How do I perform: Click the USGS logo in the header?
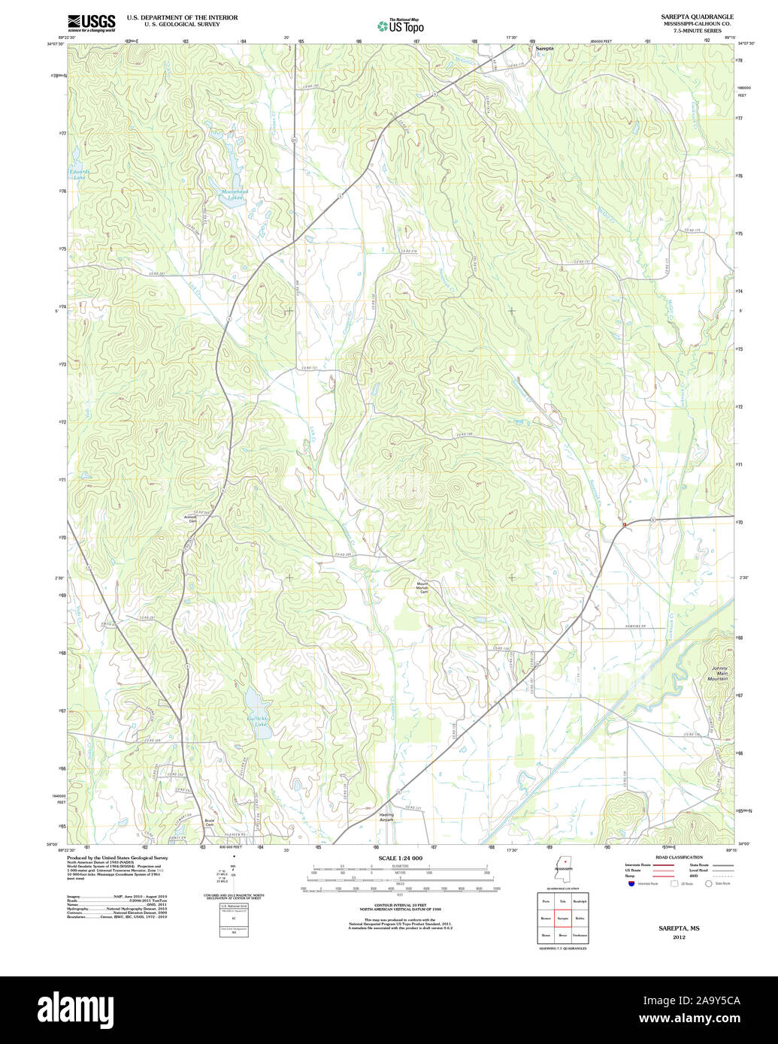click(x=91, y=23)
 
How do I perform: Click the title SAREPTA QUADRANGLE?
click(x=697, y=17)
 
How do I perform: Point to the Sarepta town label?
click(x=544, y=48)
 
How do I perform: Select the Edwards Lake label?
click(x=78, y=174)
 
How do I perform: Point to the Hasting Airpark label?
click(x=386, y=816)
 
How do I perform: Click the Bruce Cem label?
click(x=210, y=822)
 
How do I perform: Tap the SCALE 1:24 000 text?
click(x=400, y=858)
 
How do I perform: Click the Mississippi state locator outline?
click(x=562, y=867)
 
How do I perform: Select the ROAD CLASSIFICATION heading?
click(x=678, y=857)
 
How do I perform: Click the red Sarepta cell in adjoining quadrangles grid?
click(x=562, y=917)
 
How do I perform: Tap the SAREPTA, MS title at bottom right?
click(x=679, y=928)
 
